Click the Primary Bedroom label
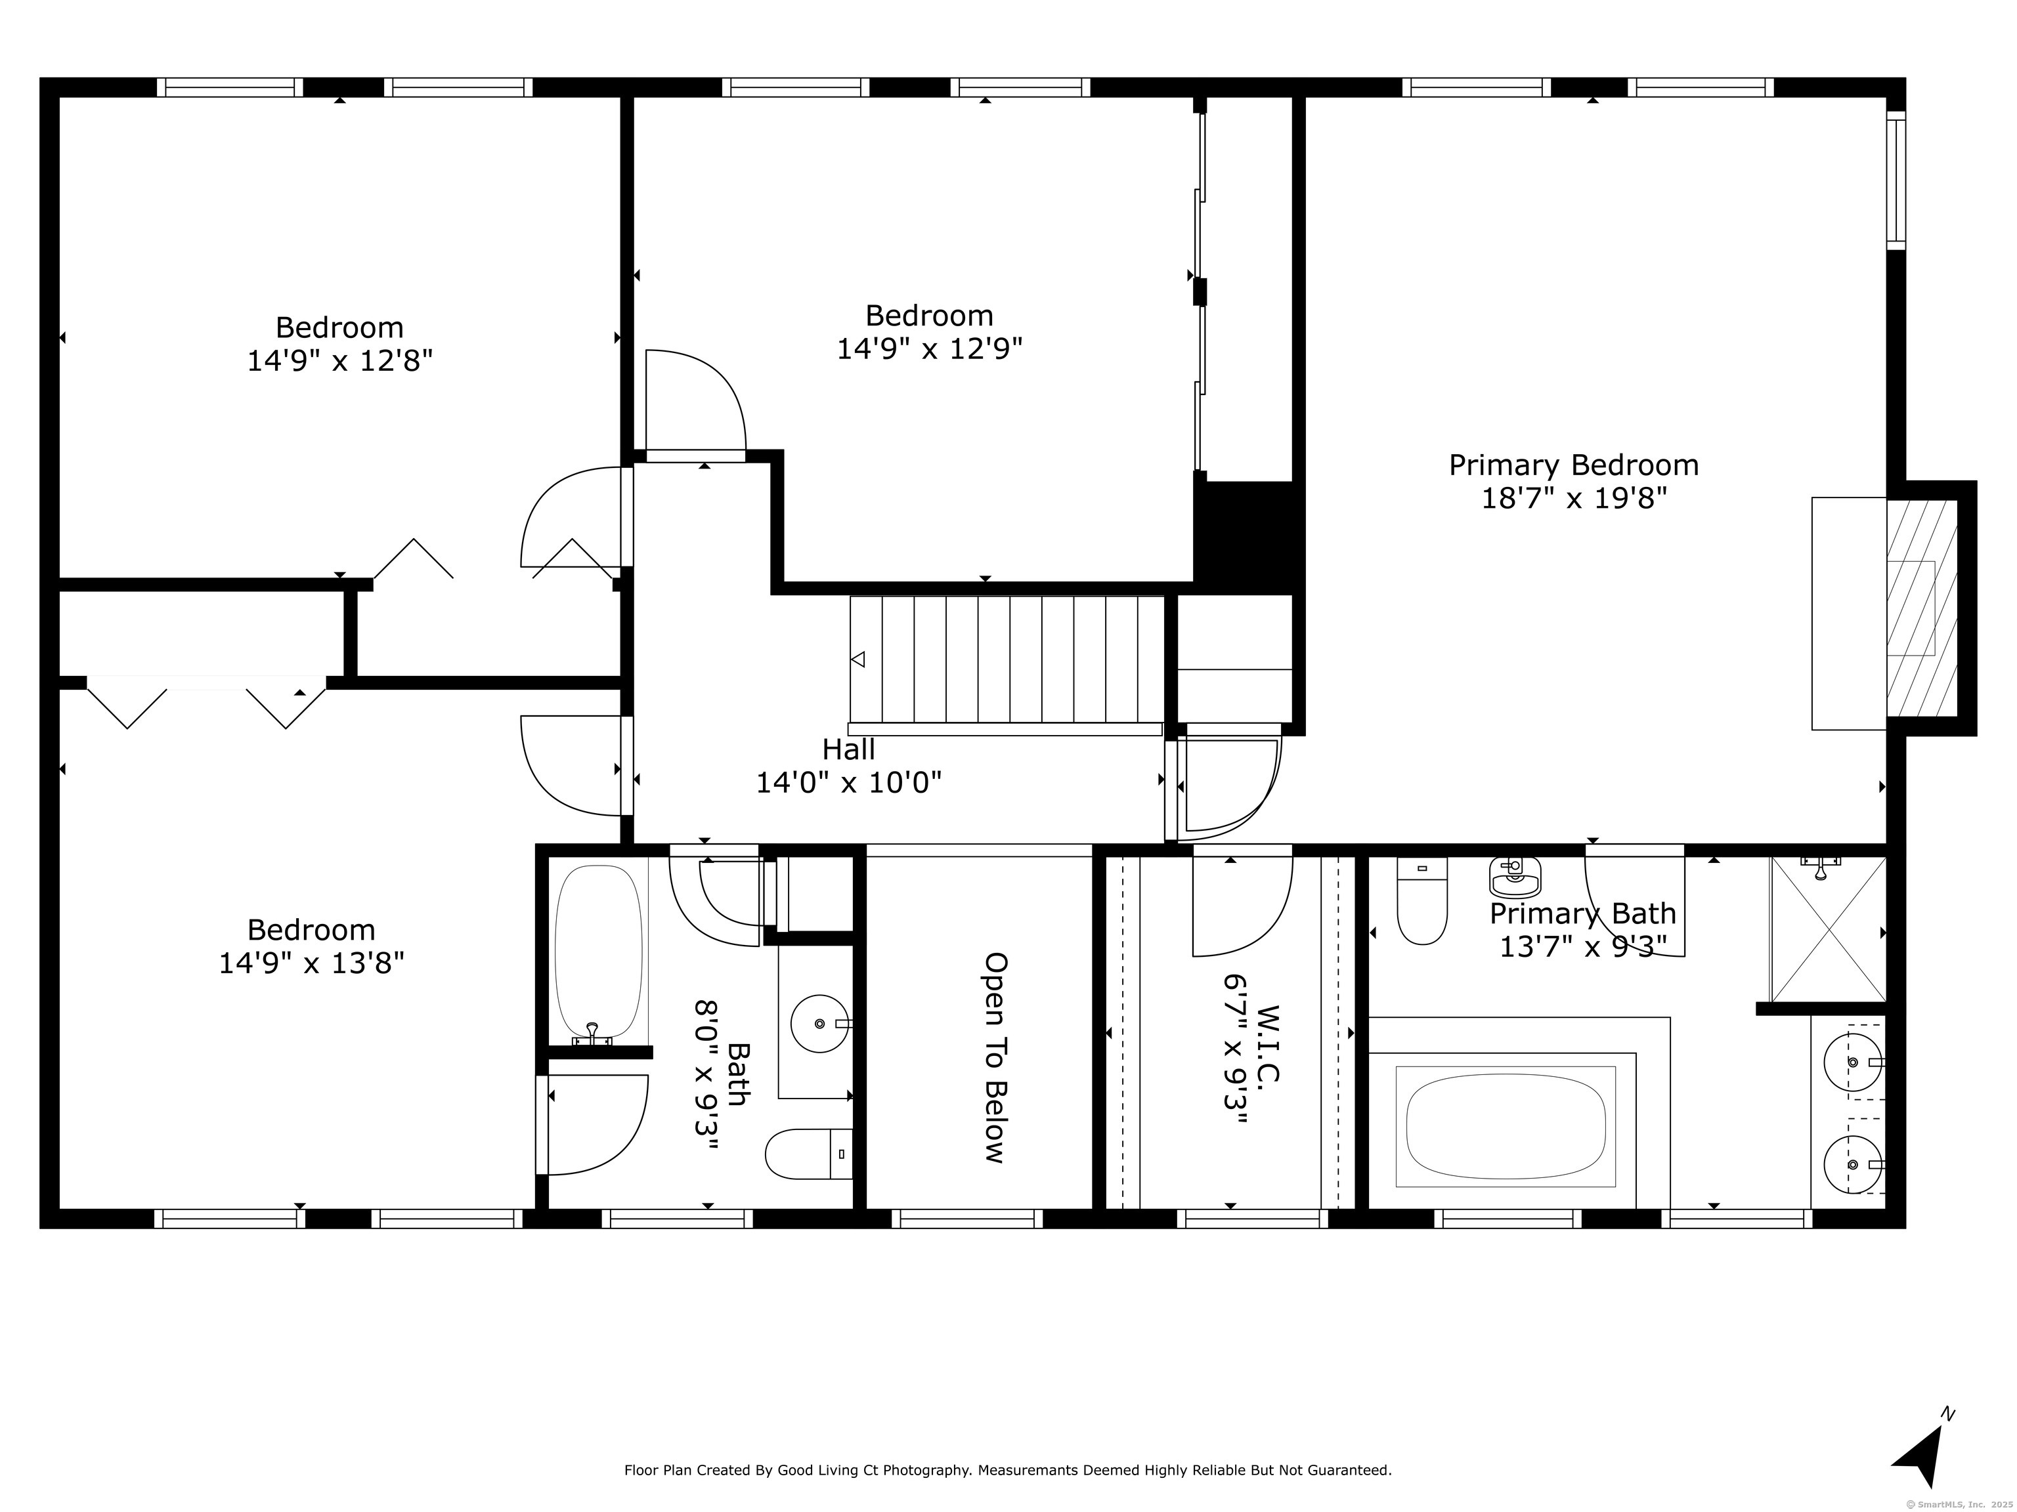1574,466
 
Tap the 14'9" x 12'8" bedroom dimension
339,361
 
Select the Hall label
849,749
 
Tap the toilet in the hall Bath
809,1154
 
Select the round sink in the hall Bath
820,1024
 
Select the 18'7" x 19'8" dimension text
1574,499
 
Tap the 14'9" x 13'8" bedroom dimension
311,963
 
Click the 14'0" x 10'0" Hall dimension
849,782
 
